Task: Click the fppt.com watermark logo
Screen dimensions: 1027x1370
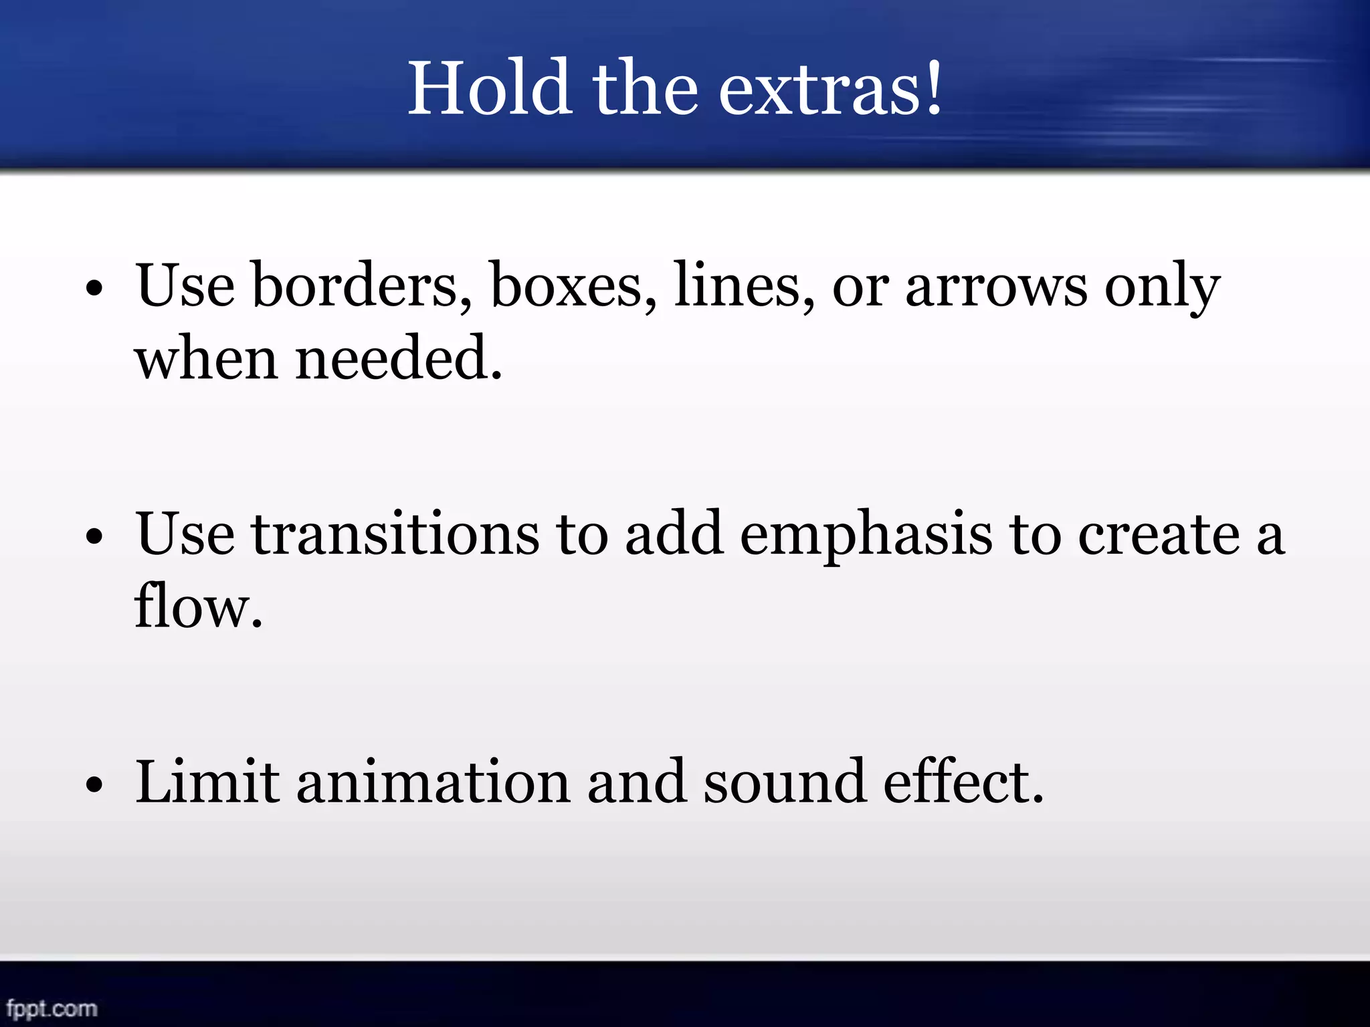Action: click(x=52, y=1008)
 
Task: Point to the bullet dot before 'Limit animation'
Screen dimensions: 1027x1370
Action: click(x=94, y=784)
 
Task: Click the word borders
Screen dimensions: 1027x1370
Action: click(x=361, y=286)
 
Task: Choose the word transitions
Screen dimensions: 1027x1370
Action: click(x=395, y=534)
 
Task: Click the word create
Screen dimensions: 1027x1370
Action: click(x=1159, y=536)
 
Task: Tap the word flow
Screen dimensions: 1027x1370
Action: click(x=197, y=606)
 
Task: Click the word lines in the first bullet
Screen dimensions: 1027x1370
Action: click(x=745, y=286)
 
